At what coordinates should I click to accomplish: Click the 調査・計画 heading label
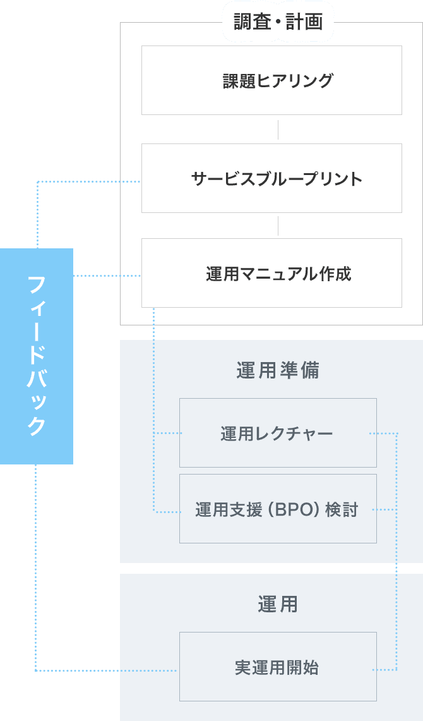point(278,23)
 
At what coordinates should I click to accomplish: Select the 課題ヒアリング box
point(271,80)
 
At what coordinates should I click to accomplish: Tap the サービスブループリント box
point(271,178)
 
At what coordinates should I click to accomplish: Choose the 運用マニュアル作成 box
point(271,273)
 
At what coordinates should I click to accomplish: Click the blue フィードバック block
point(37,356)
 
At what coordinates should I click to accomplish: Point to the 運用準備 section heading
point(278,370)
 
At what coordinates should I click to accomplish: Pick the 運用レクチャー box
point(278,433)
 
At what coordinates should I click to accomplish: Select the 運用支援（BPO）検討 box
point(278,509)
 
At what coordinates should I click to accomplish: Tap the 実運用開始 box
point(278,667)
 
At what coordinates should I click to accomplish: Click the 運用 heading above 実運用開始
point(278,605)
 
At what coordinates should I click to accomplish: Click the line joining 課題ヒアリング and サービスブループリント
point(278,129)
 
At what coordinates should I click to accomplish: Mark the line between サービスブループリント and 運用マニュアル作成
point(278,226)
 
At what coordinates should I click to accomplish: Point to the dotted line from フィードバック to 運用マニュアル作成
point(107,276)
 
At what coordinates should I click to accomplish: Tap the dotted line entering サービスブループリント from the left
point(88,182)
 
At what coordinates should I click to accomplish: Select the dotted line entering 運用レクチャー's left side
point(168,433)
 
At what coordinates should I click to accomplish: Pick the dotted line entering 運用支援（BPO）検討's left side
point(168,512)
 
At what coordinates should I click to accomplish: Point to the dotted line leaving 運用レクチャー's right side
point(383,433)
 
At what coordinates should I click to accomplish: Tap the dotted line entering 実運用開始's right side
point(384,670)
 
